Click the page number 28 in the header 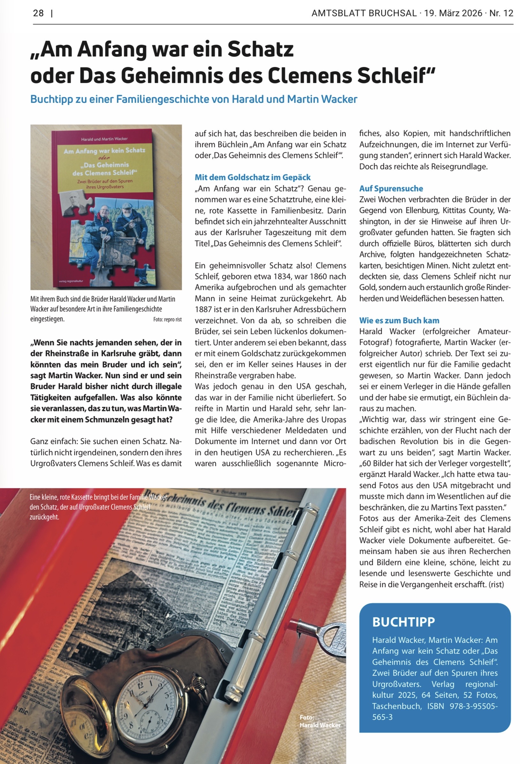(x=38, y=13)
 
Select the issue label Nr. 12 (x=501, y=13)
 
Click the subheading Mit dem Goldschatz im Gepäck (x=252, y=177)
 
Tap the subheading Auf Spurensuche (x=391, y=189)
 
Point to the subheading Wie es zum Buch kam (x=399, y=320)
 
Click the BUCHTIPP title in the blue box (x=403, y=622)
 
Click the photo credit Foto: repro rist (x=167, y=319)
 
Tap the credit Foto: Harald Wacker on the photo (x=320, y=721)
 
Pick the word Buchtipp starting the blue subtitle (x=52, y=99)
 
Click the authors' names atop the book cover (x=104, y=139)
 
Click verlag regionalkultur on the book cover (x=71, y=281)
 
